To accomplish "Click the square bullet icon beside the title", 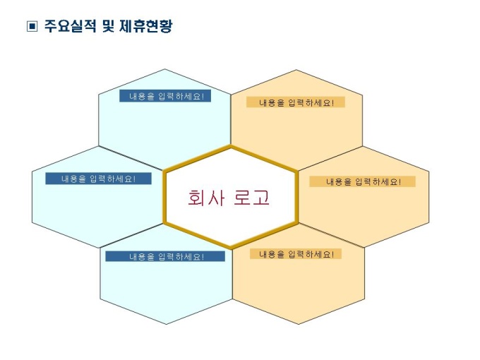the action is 32,26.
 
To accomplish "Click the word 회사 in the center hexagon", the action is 206,198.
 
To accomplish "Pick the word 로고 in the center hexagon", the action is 251,198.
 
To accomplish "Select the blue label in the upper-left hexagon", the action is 165,96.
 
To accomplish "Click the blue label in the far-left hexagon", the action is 98,179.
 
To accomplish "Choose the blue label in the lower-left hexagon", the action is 165,256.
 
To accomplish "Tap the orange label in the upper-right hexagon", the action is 296,102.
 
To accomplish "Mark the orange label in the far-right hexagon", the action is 362,181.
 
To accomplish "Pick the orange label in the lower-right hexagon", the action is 296,254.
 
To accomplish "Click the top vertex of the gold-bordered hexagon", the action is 231,147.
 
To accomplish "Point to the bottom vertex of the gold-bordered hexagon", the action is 231,248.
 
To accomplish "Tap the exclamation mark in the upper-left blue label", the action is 203,96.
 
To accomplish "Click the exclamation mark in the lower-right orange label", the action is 332,254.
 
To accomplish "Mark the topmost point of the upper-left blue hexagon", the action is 165,69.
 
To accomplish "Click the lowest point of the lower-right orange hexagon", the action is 299,324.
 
